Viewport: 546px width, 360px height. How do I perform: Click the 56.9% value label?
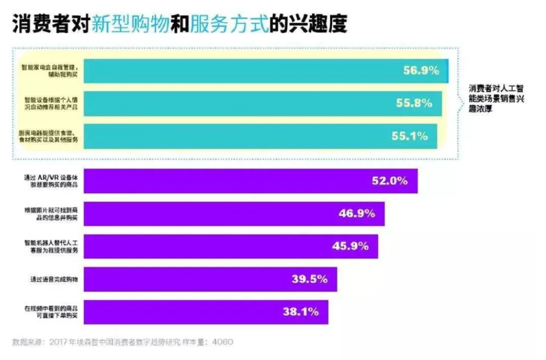[x=421, y=71]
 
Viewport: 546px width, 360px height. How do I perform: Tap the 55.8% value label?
[x=414, y=103]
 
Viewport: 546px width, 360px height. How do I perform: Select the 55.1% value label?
[x=409, y=136]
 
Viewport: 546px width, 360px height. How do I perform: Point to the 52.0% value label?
[x=389, y=181]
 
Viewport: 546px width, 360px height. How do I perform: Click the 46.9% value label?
[x=356, y=213]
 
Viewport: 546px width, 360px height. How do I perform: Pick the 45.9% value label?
[x=350, y=246]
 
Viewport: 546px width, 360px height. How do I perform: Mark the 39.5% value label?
[x=309, y=279]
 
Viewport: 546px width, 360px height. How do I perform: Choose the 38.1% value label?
[x=300, y=311]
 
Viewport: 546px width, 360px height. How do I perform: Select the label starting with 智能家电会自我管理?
[x=50, y=70]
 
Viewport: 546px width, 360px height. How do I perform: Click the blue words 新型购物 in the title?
[x=130, y=24]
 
